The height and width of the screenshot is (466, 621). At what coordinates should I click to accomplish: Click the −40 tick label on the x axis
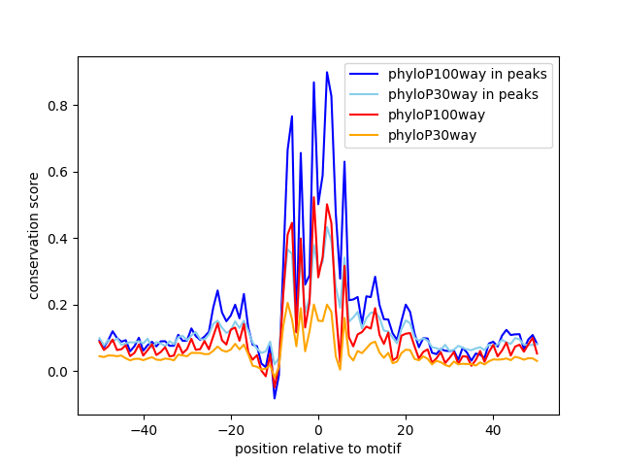[x=143, y=429]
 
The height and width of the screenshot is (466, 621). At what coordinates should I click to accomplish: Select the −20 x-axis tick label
[x=230, y=429]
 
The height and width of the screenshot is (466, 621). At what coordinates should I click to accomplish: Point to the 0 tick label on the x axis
[x=318, y=429]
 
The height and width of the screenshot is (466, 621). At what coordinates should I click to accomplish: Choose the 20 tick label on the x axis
[x=406, y=429]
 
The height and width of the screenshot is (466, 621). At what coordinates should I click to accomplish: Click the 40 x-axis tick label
[x=493, y=429]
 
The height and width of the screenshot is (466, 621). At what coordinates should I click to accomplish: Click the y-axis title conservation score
[x=34, y=235]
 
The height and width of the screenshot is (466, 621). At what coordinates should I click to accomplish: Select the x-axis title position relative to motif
[x=318, y=449]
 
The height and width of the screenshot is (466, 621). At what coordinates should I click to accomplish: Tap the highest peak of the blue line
[x=327, y=72]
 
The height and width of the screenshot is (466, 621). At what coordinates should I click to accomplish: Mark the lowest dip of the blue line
[x=275, y=398]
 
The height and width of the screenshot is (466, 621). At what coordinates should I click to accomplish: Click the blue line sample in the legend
[x=367, y=74]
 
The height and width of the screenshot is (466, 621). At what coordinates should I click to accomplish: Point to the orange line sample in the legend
[x=367, y=135]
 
